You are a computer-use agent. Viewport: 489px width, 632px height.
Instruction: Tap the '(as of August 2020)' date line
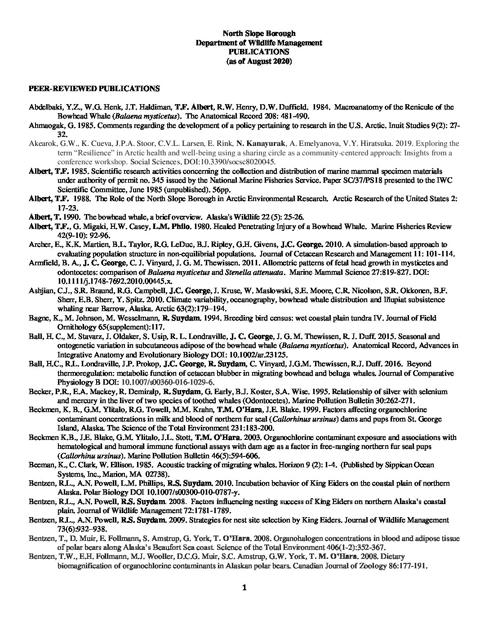tap(259, 61)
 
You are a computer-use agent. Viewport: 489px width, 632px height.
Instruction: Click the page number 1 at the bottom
tap(244, 588)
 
